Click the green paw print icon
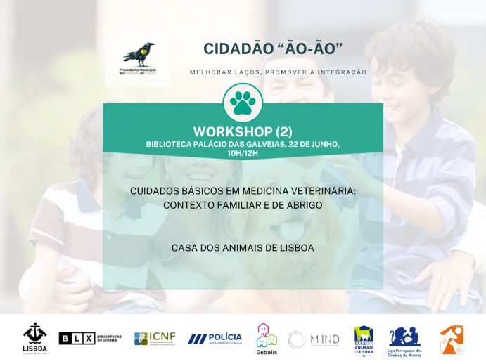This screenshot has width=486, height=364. click(x=243, y=103)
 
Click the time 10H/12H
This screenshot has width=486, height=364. click(x=242, y=152)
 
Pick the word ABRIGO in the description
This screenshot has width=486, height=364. click(x=303, y=205)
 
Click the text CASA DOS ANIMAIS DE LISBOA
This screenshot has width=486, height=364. click(x=243, y=248)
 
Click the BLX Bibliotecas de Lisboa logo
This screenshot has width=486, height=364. click(x=90, y=339)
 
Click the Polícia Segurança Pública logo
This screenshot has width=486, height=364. click(x=215, y=339)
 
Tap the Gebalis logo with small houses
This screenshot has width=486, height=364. click(x=266, y=339)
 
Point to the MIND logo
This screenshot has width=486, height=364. click(x=314, y=339)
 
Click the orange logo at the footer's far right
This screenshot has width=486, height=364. click(x=452, y=339)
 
